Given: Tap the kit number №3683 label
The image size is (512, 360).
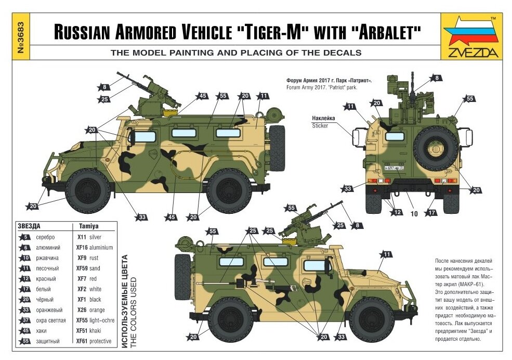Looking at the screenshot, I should [22, 36].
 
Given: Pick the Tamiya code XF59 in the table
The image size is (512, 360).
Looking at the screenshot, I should [81, 268].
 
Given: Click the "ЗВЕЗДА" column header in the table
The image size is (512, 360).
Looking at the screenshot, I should [29, 227].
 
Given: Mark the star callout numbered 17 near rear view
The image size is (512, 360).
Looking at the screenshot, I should [431, 212].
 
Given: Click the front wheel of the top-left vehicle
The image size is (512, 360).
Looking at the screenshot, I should [88, 190].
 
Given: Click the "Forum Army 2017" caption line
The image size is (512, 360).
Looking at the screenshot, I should [321, 88].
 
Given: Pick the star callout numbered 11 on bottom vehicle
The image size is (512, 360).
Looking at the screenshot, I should [385, 254].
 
